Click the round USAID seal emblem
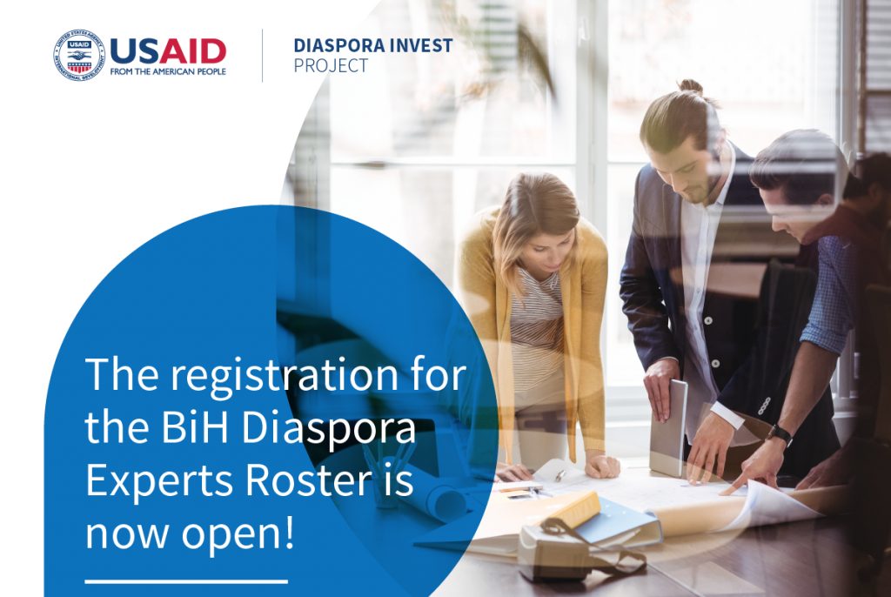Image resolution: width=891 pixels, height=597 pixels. (79, 55)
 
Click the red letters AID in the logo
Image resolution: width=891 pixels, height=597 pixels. (192, 51)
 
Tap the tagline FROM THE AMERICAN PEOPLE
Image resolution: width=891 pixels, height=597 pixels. (168, 71)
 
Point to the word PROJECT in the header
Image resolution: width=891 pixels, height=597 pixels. (331, 66)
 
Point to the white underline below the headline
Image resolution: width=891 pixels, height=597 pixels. (186, 581)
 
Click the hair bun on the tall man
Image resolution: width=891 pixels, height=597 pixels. (691, 87)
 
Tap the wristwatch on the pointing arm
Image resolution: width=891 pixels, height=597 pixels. (780, 435)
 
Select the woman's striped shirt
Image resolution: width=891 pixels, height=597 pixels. (536, 330)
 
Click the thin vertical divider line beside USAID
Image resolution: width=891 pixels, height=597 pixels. (262, 56)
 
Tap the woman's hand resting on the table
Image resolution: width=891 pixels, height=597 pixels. (602, 466)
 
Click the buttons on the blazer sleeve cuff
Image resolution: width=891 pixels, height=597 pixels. (764, 406)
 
